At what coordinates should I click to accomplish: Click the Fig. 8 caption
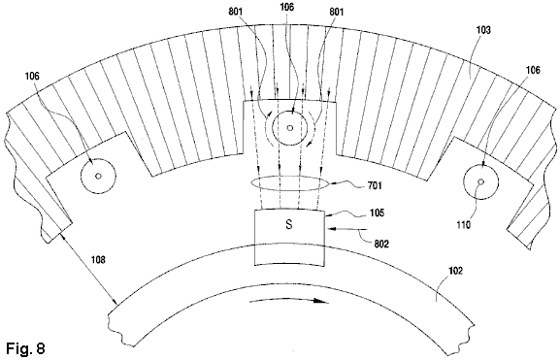[x=25, y=347]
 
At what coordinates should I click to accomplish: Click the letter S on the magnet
[x=289, y=224]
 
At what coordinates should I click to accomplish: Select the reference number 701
[x=375, y=185]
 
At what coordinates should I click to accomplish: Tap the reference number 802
[x=381, y=244]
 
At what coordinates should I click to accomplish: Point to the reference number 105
[x=377, y=213]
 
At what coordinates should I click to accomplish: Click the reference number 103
[x=483, y=30]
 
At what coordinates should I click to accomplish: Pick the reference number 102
[x=455, y=271]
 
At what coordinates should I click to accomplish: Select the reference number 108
[x=98, y=260]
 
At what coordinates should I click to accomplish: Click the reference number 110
[x=463, y=225]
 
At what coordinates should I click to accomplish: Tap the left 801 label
[x=236, y=12]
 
